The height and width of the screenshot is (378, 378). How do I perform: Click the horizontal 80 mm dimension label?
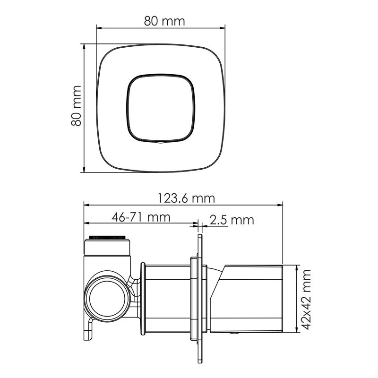point(164,21)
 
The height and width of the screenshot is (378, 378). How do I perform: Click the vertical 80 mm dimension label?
point(76,105)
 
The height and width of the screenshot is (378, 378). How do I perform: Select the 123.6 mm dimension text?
point(186,198)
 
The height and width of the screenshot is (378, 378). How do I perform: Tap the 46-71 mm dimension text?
point(141,217)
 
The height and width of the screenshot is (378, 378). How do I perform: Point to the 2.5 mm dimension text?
point(232,220)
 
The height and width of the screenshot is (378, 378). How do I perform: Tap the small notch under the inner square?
point(160,143)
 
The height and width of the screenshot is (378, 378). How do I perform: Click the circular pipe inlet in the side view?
point(107,299)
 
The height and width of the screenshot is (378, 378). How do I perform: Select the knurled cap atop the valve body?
point(107,238)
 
